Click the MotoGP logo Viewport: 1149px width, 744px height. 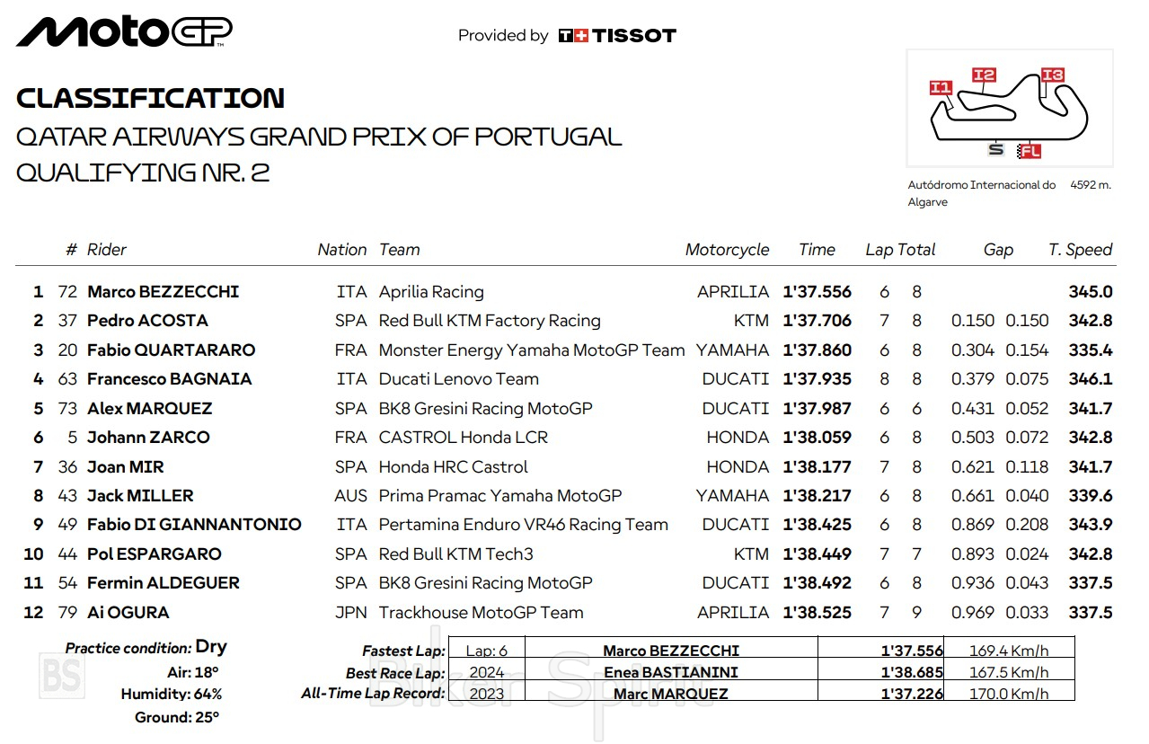click(124, 31)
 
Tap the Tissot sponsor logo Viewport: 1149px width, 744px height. click(616, 36)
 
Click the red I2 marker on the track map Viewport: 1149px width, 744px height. click(984, 75)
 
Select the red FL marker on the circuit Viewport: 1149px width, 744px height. click(1030, 151)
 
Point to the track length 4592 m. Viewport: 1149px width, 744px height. click(1090, 185)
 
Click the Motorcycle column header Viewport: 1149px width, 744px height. click(727, 250)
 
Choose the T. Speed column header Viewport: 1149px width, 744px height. click(1080, 250)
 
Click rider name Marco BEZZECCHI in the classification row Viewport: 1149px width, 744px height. click(163, 292)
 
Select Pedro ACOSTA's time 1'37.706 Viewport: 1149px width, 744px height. click(817, 321)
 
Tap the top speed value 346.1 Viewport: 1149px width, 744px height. click(1090, 379)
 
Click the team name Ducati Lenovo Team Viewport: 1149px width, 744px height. click(458, 379)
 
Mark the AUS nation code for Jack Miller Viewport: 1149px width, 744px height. click(350, 496)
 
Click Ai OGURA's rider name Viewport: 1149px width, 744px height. click(128, 613)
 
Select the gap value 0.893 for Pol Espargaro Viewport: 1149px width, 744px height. click(972, 554)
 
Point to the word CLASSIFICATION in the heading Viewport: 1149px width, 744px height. click(150, 98)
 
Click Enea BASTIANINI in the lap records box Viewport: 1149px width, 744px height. click(670, 672)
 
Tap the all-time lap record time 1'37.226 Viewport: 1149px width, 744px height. click(911, 694)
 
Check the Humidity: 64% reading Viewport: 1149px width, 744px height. click(172, 694)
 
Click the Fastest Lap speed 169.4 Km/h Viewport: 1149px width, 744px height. click(1008, 651)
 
